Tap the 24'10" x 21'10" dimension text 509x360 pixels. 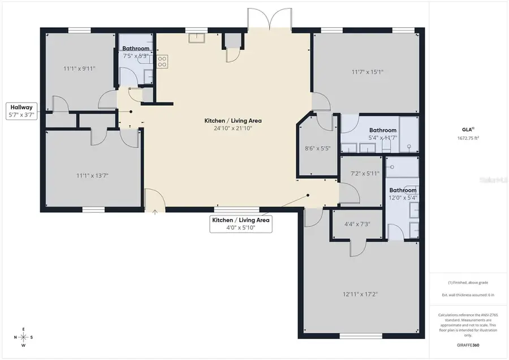pos(233,128)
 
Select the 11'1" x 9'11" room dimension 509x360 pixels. pos(79,68)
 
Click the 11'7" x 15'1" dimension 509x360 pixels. pos(368,72)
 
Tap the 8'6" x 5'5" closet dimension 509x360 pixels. pos(317,149)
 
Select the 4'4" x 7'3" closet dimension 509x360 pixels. pos(357,224)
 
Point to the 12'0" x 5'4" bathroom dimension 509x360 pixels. pos(403,198)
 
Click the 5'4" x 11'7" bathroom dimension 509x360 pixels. pos(383,138)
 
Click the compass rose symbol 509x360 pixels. pos(23,337)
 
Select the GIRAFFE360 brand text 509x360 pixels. pos(467,345)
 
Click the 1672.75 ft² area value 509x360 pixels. pos(467,138)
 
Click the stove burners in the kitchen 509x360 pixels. pos(162,62)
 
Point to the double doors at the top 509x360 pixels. pos(270,19)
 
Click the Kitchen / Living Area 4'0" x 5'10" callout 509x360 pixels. pos(241,224)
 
